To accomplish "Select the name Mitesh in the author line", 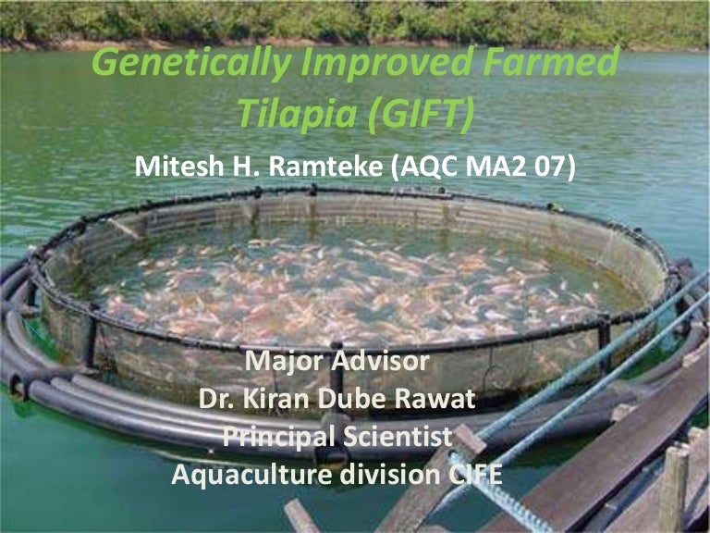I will coord(181,168).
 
